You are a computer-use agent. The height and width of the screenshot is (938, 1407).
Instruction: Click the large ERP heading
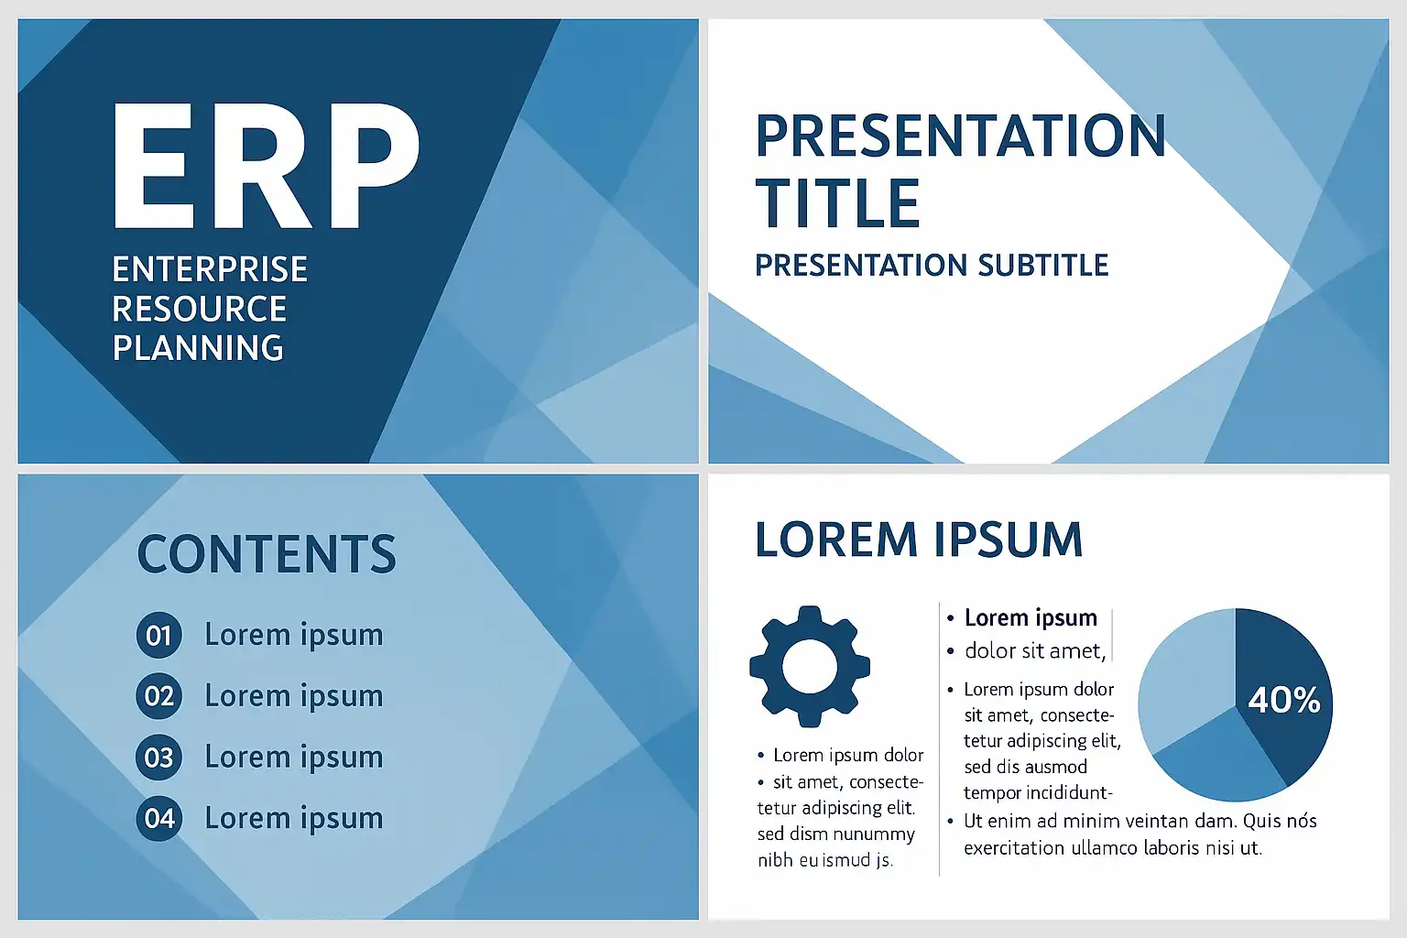point(266,165)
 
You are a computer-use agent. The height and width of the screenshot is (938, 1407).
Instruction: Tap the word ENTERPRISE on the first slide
point(210,269)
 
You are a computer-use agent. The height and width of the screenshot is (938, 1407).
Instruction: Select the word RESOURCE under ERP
point(199,309)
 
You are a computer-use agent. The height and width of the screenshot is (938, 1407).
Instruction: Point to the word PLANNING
point(198,347)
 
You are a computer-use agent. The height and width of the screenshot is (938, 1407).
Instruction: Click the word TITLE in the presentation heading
point(837,202)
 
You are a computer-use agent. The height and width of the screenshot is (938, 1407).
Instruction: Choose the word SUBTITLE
point(1043,265)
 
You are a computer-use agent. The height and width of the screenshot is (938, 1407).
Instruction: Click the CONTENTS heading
point(267,553)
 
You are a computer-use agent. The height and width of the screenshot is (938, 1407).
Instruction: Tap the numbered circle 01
point(158,635)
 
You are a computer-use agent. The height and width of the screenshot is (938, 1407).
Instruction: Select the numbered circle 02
point(158,696)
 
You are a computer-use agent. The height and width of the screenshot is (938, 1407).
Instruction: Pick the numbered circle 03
point(158,757)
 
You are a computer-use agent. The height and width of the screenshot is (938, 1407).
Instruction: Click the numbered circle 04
point(158,818)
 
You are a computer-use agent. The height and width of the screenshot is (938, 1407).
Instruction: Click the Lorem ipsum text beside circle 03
point(294,758)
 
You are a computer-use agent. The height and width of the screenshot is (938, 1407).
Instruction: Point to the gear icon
point(810,667)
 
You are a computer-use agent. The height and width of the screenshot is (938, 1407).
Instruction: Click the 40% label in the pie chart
point(1284,700)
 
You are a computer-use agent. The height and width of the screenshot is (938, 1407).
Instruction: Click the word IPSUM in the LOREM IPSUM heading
point(1009,540)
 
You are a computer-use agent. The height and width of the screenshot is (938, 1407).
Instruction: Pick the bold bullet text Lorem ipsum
point(1031,617)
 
